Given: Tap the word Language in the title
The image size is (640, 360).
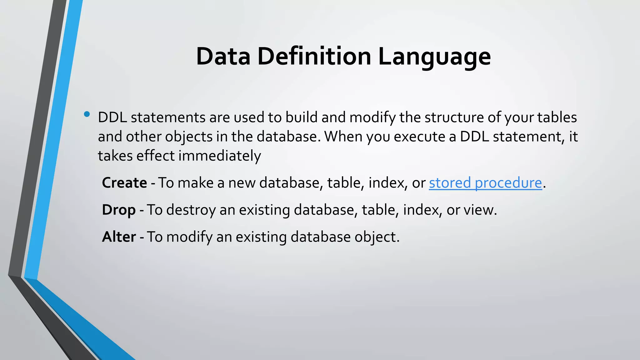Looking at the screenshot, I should tap(434, 57).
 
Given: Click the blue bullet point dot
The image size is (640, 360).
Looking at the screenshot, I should tap(87, 114).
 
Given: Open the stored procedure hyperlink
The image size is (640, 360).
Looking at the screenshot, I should tap(485, 183).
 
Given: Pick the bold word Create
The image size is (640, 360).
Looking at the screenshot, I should tap(124, 183).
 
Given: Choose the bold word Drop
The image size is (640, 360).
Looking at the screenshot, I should tap(119, 210).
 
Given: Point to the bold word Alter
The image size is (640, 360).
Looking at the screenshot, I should tap(119, 237).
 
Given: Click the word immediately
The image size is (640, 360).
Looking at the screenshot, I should tap(220, 156).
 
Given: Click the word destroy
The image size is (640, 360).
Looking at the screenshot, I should tap(191, 210).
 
